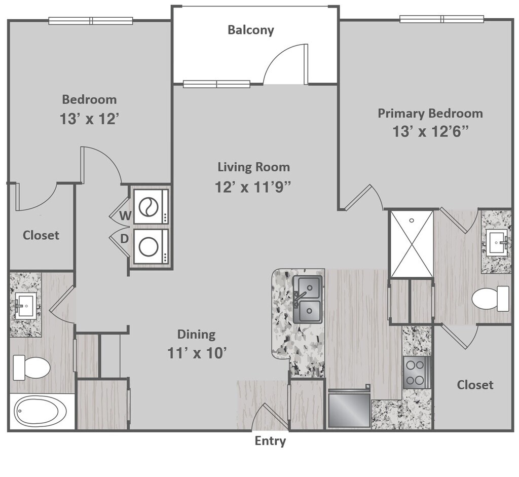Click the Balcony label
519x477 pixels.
coord(250,30)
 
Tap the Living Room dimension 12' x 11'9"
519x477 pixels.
coord(253,187)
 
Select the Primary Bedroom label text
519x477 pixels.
coord(430,114)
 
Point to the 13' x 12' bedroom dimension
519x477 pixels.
coord(89,119)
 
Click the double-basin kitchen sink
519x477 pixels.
coord(308,300)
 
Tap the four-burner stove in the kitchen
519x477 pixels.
coord(417,373)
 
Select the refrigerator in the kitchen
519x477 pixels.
coord(349,408)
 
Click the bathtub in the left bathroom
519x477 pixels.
coord(41,412)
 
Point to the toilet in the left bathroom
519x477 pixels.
coord(31,368)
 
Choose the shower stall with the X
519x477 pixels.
coord(412,244)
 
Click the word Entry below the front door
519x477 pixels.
coord(270,441)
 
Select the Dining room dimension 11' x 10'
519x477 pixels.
coord(197,353)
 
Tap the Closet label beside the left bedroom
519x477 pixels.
coord(41,235)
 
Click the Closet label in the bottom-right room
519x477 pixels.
coord(475,385)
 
